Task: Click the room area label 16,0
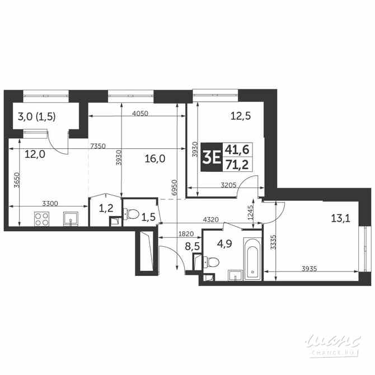(154, 158)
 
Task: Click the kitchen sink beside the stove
(71, 218)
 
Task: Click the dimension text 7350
(99, 147)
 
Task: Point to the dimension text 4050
(140, 113)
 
